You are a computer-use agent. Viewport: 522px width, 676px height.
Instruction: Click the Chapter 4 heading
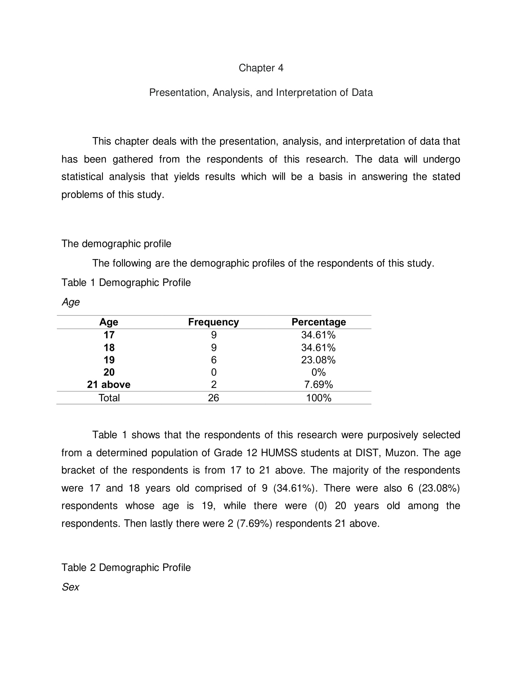pyautogui.click(x=261, y=68)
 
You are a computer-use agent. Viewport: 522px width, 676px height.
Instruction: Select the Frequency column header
pyautogui.click(x=213, y=322)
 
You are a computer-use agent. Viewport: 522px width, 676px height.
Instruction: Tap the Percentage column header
pyautogui.click(x=318, y=322)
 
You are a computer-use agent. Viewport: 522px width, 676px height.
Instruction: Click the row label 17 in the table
pyautogui.click(x=109, y=335)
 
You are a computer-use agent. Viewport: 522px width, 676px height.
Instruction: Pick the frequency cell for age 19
pyautogui.click(x=214, y=360)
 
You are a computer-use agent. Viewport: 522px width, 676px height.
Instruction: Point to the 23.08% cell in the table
pyautogui.click(x=318, y=360)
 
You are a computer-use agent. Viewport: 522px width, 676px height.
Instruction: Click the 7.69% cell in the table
pyautogui.click(x=318, y=384)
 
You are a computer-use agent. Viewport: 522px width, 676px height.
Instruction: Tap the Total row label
pyautogui.click(x=109, y=398)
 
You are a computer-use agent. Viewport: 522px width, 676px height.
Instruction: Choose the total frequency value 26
pyautogui.click(x=213, y=398)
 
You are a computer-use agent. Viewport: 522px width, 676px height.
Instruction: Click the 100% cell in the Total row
pyautogui.click(x=318, y=398)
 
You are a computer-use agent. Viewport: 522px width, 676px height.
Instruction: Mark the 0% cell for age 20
pyautogui.click(x=318, y=372)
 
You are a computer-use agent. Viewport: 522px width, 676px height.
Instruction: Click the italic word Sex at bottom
pyautogui.click(x=71, y=587)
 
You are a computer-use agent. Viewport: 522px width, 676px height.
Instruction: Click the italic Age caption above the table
pyautogui.click(x=71, y=302)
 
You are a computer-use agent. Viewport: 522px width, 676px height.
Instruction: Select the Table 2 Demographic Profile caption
pyautogui.click(x=126, y=567)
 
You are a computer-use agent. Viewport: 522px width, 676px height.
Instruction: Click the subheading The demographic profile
pyautogui.click(x=116, y=244)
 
